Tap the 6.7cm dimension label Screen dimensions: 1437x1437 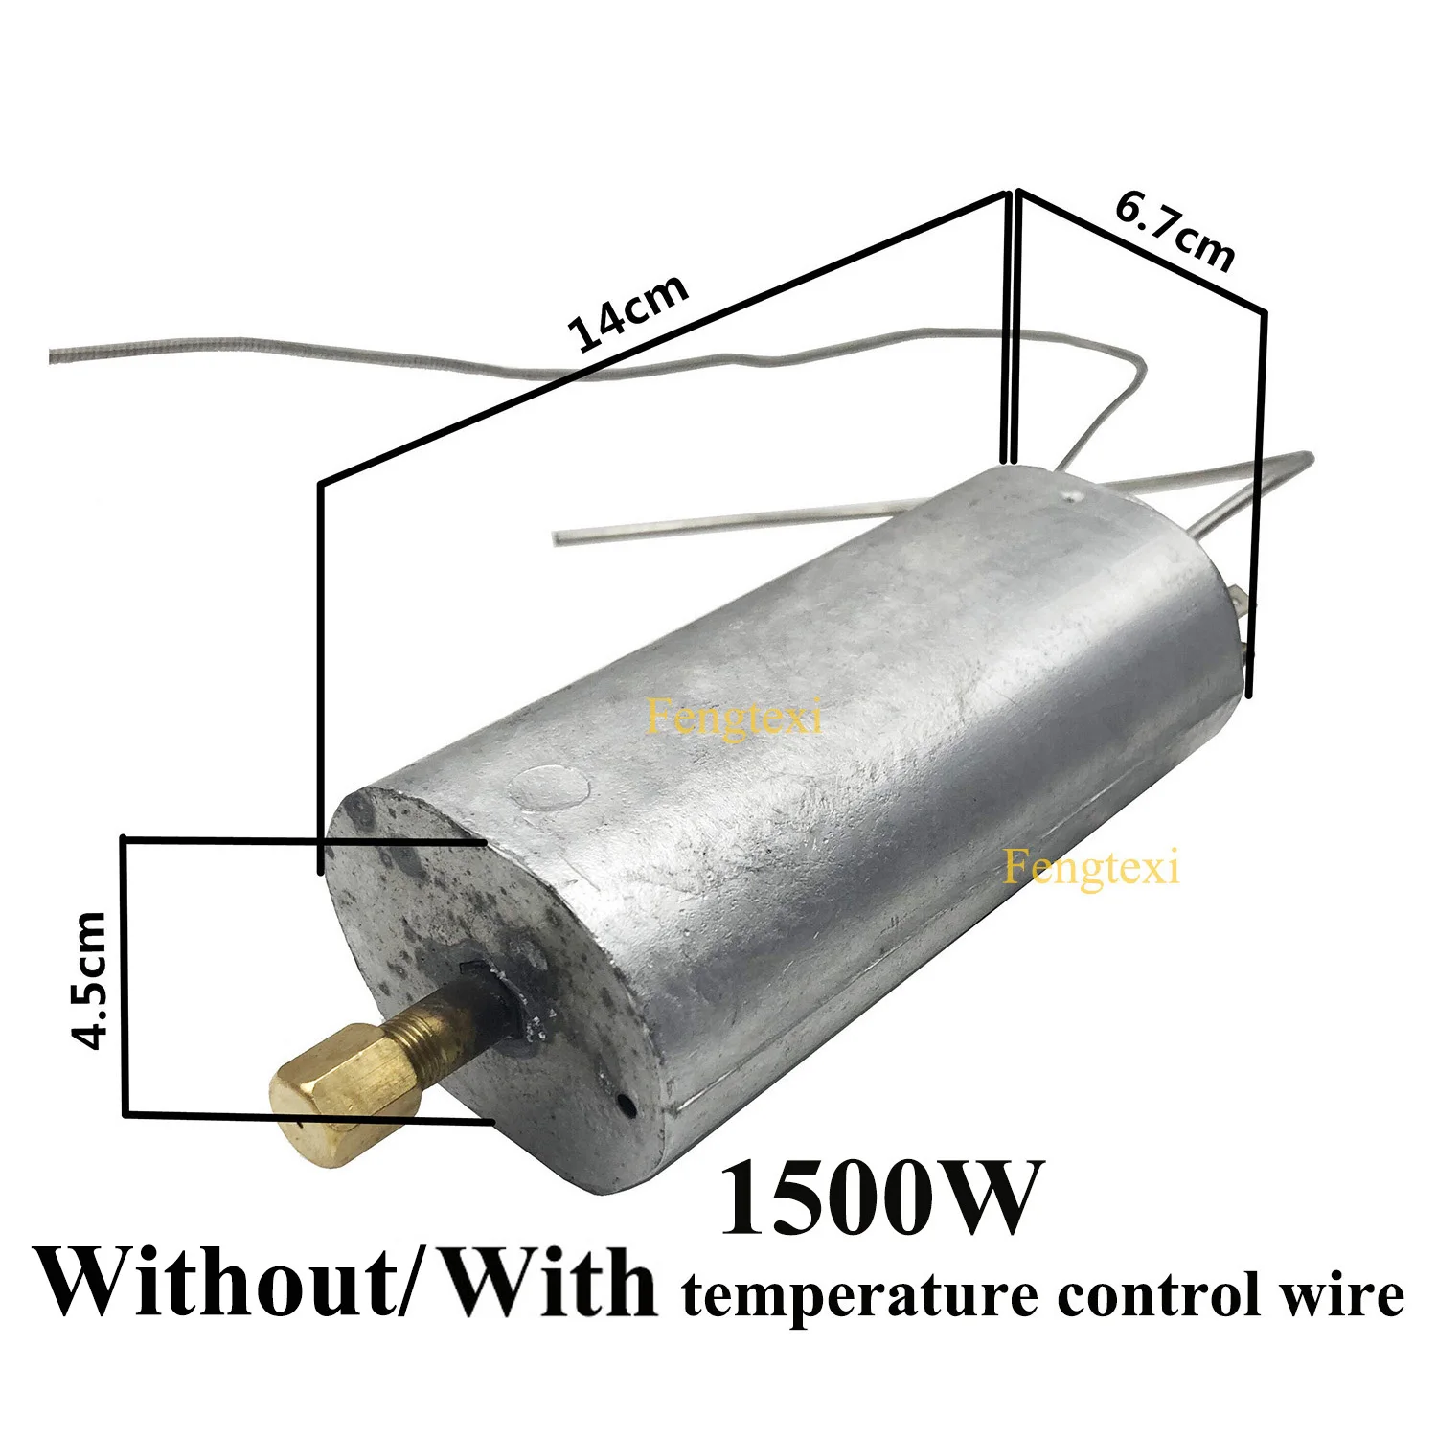click(1175, 231)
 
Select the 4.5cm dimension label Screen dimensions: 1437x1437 click(91, 980)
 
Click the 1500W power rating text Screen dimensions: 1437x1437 click(878, 1198)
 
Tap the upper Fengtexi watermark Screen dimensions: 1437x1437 click(735, 718)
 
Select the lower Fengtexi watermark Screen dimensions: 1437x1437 click(1091, 868)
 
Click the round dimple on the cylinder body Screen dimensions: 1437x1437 click(550, 789)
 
